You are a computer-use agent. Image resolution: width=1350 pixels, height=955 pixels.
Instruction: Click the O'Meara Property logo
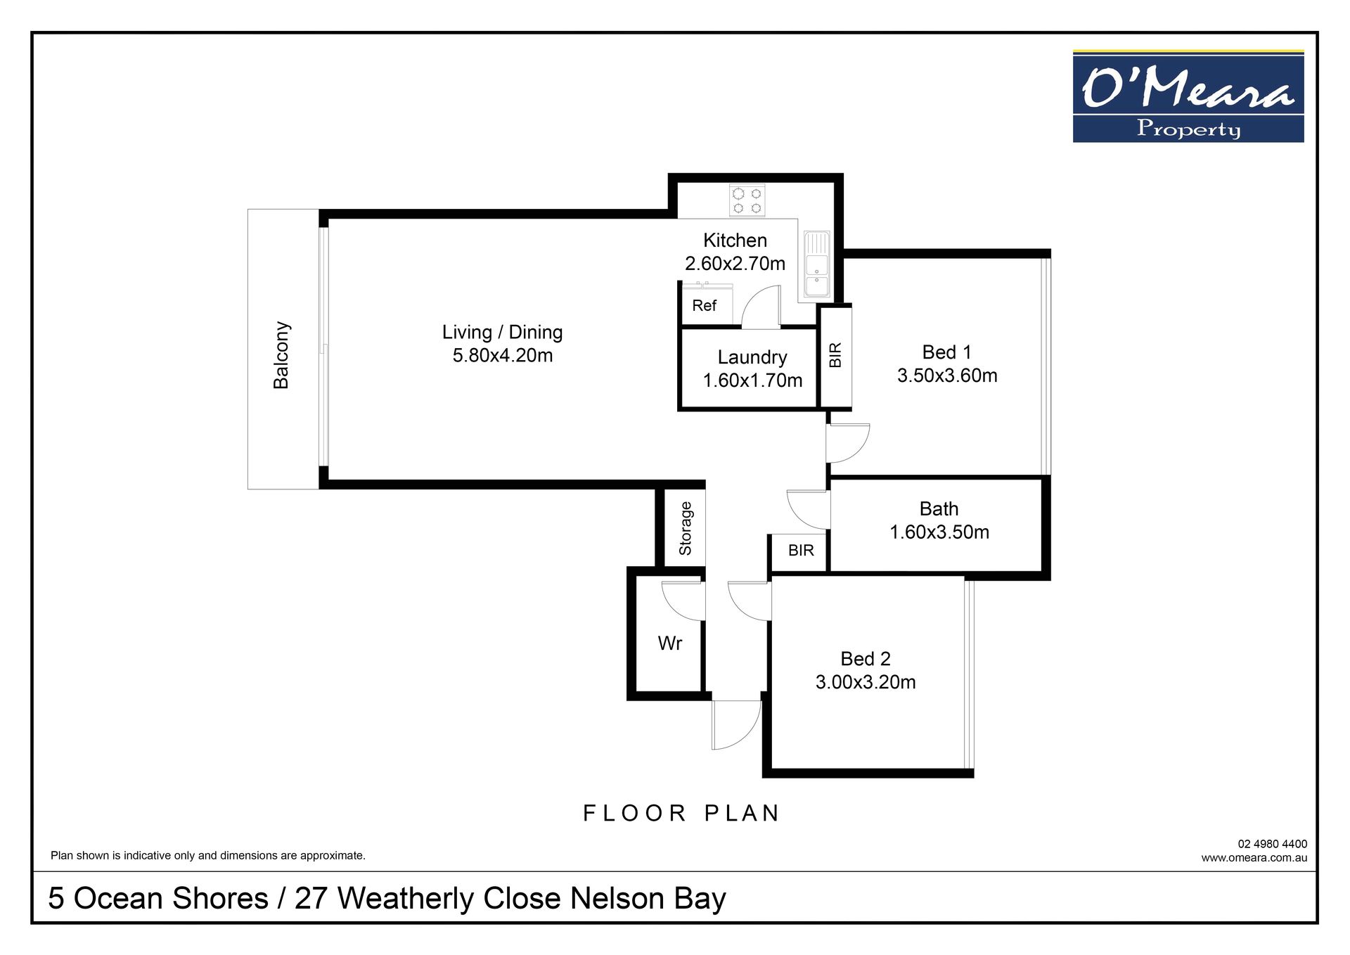click(1188, 96)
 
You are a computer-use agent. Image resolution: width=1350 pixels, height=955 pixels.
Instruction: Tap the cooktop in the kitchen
click(747, 200)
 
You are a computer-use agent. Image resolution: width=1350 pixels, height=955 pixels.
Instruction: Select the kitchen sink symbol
click(817, 265)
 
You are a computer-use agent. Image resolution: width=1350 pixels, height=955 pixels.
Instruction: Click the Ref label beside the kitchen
click(704, 306)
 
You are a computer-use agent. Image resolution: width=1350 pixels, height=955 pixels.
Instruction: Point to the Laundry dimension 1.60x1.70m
click(752, 380)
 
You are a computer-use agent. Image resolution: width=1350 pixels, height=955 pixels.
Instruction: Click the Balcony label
click(281, 355)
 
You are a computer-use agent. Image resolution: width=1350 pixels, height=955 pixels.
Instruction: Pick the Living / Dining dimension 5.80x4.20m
click(503, 356)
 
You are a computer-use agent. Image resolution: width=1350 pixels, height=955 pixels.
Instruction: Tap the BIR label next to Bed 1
click(835, 355)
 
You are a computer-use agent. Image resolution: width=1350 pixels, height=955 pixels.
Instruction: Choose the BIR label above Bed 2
click(801, 550)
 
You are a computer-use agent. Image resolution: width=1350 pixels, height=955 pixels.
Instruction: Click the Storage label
click(686, 528)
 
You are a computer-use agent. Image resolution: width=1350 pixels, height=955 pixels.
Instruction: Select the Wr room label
click(669, 643)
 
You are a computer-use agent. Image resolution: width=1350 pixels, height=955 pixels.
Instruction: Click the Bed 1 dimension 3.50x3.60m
click(947, 376)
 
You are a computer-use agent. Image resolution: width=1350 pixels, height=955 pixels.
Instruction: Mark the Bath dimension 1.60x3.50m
click(939, 532)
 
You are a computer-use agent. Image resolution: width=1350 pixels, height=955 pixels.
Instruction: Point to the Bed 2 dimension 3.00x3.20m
click(866, 682)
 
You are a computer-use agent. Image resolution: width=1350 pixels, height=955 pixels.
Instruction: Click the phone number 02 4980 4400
click(1273, 844)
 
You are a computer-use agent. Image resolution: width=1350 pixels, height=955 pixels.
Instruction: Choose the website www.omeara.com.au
click(1254, 857)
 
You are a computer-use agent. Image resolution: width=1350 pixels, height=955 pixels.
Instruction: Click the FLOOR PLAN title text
click(681, 813)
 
